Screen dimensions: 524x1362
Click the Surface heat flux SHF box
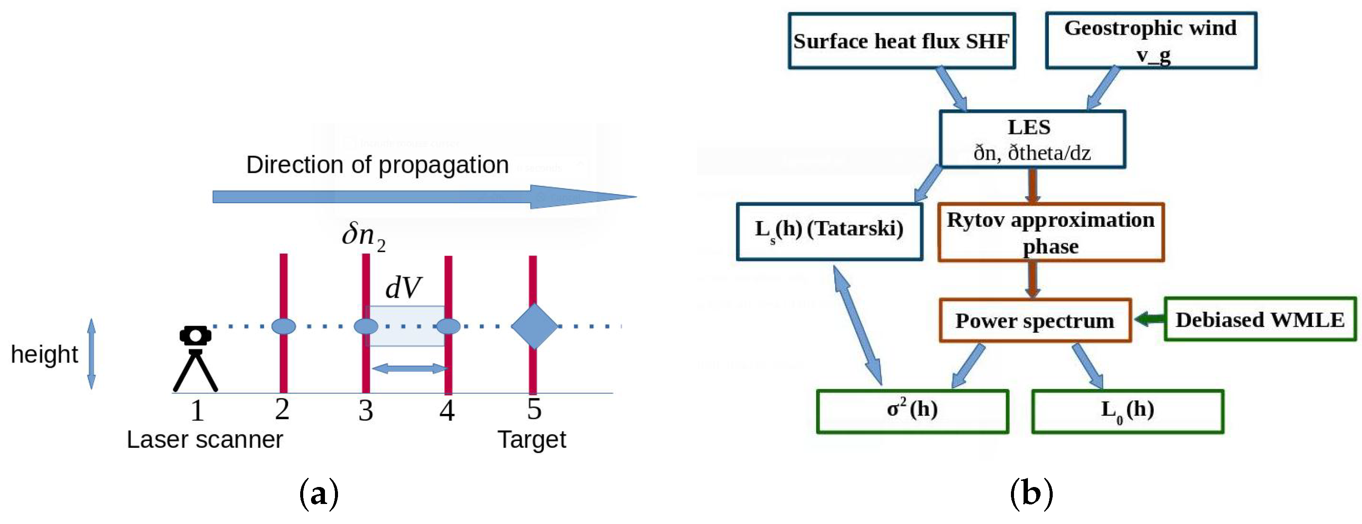pos(901,41)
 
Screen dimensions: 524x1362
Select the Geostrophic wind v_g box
pos(1151,41)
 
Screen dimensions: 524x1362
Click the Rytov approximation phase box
pos(1051,232)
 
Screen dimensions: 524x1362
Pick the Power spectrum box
pos(1035,320)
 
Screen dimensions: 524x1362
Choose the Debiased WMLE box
pos(1259,319)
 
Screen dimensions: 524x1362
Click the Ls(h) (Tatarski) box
pos(829,232)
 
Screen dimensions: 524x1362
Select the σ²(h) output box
pos(912,411)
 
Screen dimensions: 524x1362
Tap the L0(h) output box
pos(1127,411)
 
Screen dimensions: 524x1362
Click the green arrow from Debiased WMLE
pos(1148,319)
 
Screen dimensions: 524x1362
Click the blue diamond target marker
pos(534,326)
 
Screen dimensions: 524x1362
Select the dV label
pos(403,288)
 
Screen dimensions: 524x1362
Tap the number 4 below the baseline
pos(447,410)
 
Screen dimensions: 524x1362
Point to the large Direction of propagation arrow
pos(423,197)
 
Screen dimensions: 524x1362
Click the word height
pos(44,354)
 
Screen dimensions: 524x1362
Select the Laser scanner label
pos(204,440)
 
